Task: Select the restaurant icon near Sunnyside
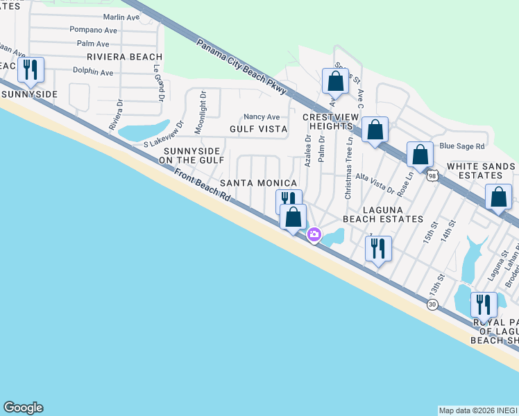pos(30,70)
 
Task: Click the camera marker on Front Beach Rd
pos(314,235)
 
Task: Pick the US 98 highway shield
pos(432,176)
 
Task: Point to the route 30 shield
pos(432,305)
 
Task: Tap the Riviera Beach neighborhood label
pos(125,57)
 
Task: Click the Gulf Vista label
pos(258,129)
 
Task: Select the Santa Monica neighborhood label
pos(259,183)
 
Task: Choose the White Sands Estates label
pos(481,171)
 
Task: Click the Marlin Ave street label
pos(121,17)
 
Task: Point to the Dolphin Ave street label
pos(93,72)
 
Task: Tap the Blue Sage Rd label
pos(462,146)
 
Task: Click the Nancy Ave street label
pos(262,116)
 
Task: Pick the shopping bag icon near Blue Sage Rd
pos(420,154)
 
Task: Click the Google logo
pos(23,408)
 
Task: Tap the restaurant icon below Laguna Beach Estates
pos(378,248)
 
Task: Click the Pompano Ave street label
pos(94,30)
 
